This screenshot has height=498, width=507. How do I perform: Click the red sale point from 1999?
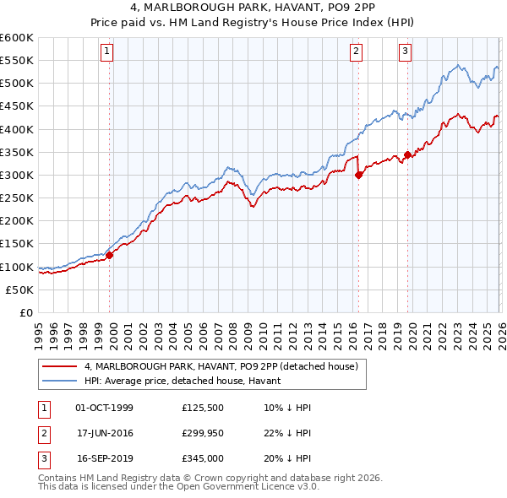109,255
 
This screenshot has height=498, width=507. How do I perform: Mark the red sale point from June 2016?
358,175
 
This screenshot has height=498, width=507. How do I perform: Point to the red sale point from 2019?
407,154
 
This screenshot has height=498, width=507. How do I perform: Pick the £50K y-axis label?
19,290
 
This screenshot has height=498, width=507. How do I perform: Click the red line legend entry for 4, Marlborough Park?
221,366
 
